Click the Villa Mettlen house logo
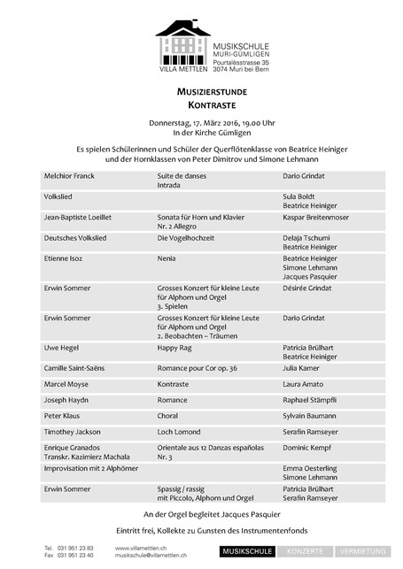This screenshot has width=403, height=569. coord(182,41)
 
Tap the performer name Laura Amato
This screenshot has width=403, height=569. coord(304,385)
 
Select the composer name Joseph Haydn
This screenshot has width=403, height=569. coord(67,400)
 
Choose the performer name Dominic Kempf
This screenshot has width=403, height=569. coord(309,448)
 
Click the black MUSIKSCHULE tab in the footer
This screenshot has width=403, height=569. coord(247,551)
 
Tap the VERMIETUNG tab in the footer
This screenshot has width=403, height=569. coord(367,551)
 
